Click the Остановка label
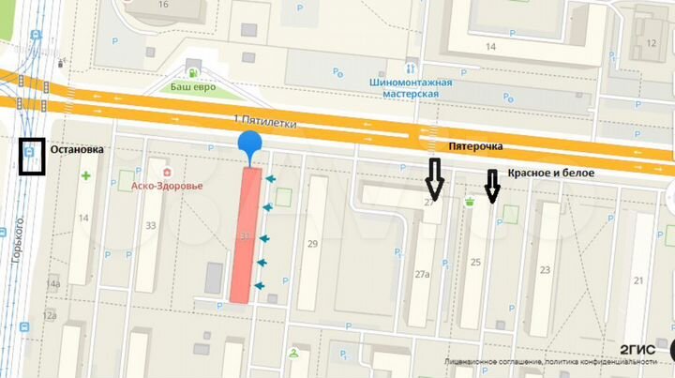pos(78,150)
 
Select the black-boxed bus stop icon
pos(33,157)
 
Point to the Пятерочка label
pos(475,147)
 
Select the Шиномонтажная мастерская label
pos(412,88)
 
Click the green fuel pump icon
pos(191,71)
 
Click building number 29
pos(313,244)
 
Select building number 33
pos(151,225)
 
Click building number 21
pos(637,280)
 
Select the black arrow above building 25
pos(492,186)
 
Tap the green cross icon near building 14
pos(86,175)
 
